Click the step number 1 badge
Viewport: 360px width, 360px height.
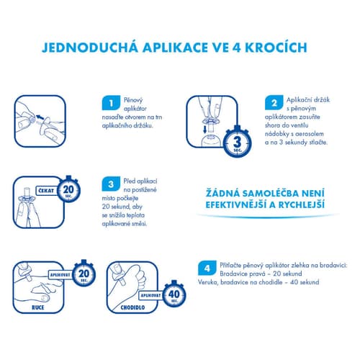coord(111,103)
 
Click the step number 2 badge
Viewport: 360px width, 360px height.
coord(274,103)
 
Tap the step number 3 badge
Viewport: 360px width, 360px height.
coord(111,184)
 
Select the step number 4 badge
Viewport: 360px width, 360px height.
coord(207,268)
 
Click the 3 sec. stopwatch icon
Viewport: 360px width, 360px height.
coord(238,142)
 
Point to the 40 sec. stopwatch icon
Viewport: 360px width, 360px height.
coord(174,294)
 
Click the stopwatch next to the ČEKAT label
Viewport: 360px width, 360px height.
coord(68,189)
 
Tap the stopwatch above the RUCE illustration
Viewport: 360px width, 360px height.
coord(84,274)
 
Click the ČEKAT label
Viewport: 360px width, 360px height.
coord(46,191)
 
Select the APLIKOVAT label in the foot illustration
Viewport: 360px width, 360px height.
coord(150,295)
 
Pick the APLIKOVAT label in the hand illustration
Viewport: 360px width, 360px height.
coord(60,275)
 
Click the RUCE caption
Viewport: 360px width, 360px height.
coord(38,307)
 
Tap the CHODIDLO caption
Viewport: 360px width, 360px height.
coord(132,307)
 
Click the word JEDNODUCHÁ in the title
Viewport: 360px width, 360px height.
coord(90,47)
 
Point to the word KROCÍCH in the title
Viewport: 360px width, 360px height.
coord(276,47)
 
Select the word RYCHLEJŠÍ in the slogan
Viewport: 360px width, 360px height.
coord(302,204)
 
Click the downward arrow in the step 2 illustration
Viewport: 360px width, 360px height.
coord(204,130)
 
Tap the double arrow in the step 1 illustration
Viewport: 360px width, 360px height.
coord(40,117)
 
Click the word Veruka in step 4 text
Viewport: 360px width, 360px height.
coord(207,282)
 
